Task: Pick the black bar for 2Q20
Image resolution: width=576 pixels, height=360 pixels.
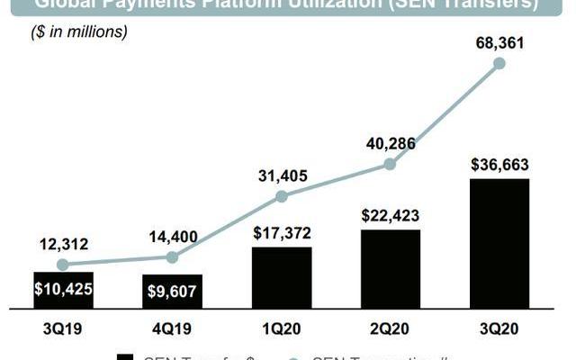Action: tap(390, 270)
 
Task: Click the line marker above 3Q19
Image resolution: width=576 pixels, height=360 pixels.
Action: tap(63, 265)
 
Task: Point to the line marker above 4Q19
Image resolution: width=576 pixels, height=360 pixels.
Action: tap(173, 257)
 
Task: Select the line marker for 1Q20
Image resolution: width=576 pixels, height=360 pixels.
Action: tap(282, 196)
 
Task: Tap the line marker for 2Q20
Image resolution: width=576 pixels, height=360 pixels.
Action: tap(390, 164)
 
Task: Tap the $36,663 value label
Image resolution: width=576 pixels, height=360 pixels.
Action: tap(499, 164)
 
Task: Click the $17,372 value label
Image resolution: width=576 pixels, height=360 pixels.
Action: tap(282, 233)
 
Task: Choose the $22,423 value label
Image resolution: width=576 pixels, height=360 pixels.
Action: tap(390, 215)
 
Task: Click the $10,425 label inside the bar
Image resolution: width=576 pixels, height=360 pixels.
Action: tap(63, 290)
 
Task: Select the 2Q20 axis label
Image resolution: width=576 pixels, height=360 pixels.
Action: tap(390, 328)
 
